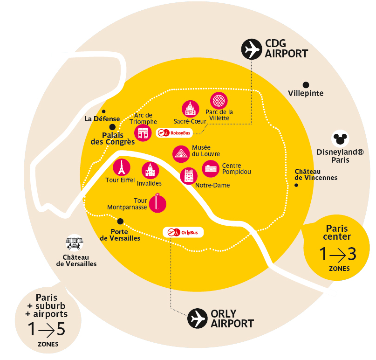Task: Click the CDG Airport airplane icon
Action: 252,49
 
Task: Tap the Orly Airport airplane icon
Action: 197,318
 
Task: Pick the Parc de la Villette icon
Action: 219,101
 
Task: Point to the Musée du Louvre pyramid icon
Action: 180,153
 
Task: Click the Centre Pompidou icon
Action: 210,169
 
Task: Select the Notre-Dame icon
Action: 188,176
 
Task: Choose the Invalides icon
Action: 150,171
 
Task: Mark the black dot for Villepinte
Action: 306,85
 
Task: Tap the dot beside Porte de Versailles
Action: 120,221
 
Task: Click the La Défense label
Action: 102,118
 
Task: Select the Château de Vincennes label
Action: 316,174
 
